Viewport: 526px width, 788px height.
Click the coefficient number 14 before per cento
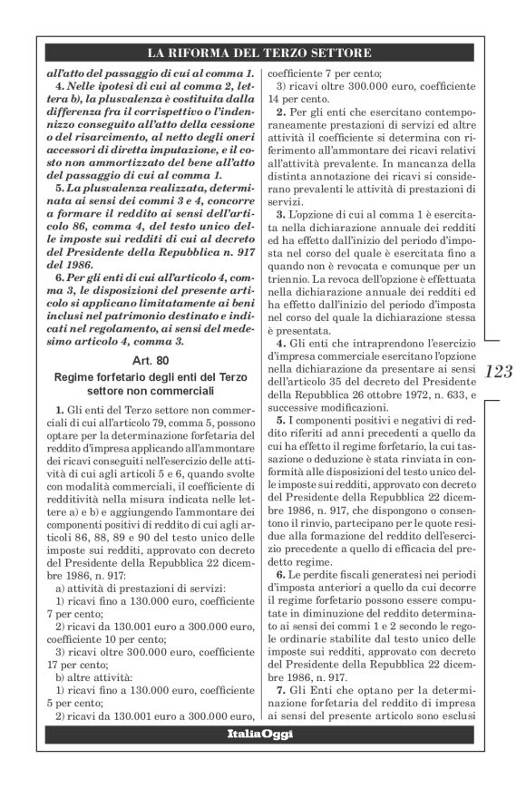click(268, 99)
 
